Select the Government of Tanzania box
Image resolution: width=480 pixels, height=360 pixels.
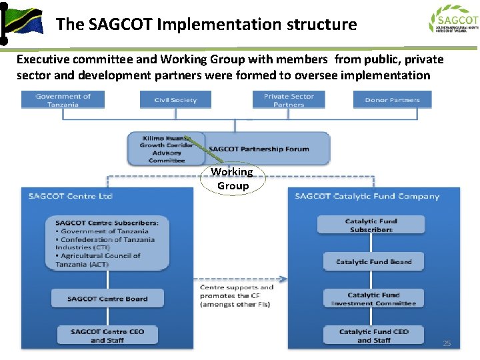coord(63,100)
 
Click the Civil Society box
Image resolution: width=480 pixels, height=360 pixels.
coord(175,100)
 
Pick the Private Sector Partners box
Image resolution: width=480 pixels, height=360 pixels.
coord(289,100)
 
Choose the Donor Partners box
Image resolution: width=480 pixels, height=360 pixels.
coord(392,100)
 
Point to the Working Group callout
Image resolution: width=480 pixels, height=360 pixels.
coord(232,179)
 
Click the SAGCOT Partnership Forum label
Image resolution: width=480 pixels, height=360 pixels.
coord(259,149)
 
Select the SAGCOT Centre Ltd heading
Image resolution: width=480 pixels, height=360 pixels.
coord(71,196)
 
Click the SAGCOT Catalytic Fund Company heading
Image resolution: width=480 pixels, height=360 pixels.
coord(367,196)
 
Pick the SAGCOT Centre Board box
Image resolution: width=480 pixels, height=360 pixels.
coord(107,299)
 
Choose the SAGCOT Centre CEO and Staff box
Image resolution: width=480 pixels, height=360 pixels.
coord(107,335)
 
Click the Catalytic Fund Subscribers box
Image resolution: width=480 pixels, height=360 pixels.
coord(371,225)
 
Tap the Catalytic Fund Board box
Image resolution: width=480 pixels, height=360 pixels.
coord(373,261)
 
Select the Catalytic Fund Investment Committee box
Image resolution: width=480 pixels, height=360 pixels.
coord(373,299)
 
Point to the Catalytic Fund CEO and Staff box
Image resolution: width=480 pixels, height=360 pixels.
coord(373,335)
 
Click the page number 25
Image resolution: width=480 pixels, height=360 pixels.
coord(447,343)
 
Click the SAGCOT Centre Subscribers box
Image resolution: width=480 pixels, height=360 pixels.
coord(107,243)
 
